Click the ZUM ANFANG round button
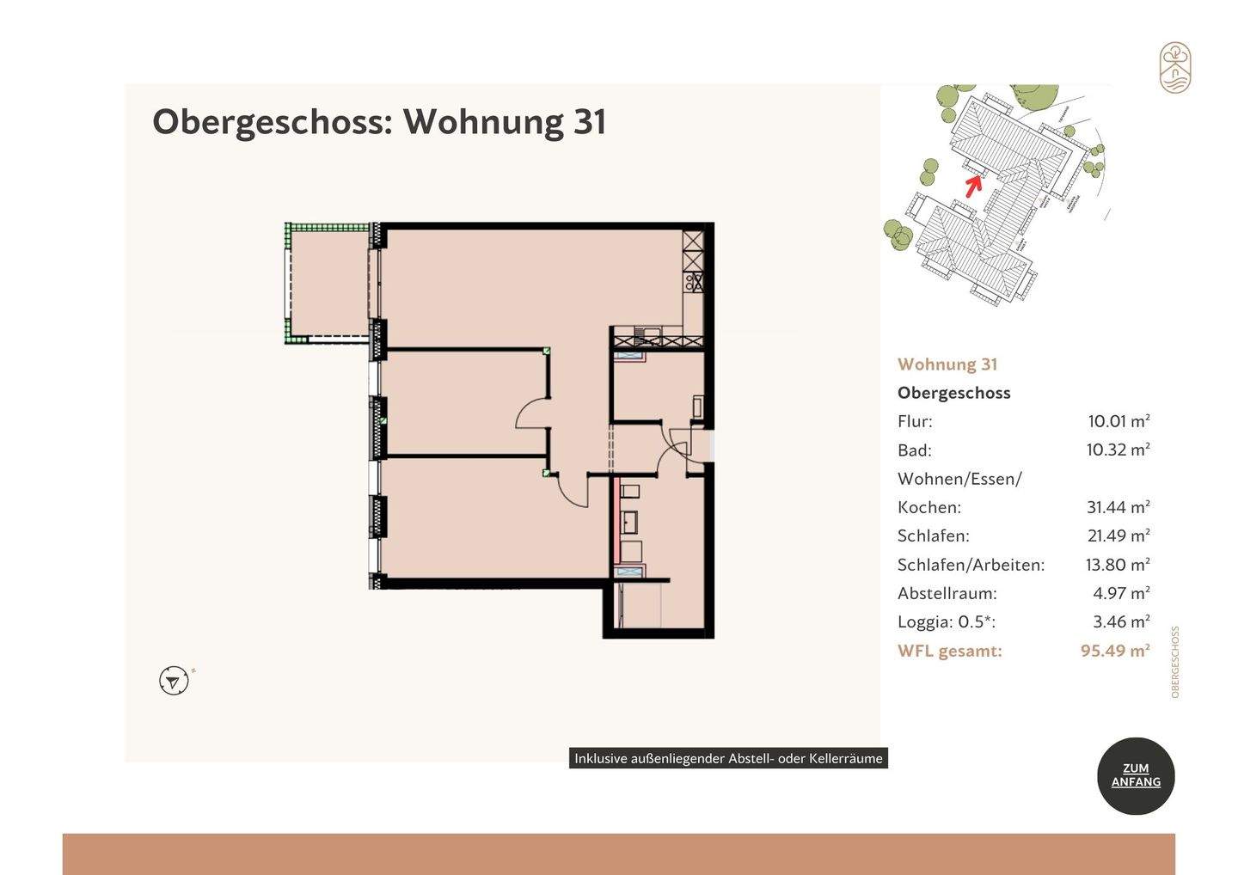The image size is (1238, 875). (x=1136, y=775)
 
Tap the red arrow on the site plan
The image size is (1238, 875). (x=973, y=185)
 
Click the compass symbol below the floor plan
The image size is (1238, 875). (x=174, y=681)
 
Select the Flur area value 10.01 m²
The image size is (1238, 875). (x=1118, y=421)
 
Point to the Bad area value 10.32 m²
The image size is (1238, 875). (x=1118, y=450)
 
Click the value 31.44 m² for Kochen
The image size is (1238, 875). (x=1118, y=507)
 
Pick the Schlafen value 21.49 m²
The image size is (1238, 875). (x=1118, y=535)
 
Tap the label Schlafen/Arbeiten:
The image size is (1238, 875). (x=971, y=565)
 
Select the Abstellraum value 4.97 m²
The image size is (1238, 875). (x=1121, y=593)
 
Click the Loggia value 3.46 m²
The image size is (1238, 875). (x=1121, y=621)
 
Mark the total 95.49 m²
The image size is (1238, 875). (x=1115, y=651)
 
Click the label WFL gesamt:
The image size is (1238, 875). (x=949, y=651)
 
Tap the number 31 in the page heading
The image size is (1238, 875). (x=590, y=121)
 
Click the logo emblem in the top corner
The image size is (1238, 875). (x=1174, y=67)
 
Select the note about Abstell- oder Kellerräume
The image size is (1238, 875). (x=728, y=758)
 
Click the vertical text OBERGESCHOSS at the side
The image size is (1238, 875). (x=1175, y=661)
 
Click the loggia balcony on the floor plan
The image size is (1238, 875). (x=330, y=283)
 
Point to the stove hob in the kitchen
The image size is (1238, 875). (x=693, y=281)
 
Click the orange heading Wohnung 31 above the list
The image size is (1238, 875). (x=947, y=364)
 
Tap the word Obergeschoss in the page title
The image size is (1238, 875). (x=272, y=121)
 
